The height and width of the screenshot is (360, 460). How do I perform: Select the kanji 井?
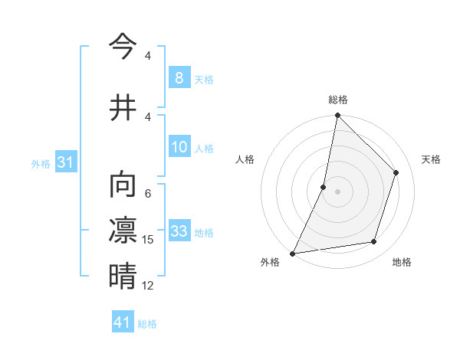point(122,108)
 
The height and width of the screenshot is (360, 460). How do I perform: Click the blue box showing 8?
point(179,77)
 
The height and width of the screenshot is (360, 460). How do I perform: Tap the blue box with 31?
point(65,162)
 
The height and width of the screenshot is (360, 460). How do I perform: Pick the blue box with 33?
point(179,231)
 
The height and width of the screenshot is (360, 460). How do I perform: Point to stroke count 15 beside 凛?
point(148,240)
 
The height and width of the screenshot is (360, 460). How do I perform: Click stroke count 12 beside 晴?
point(148,286)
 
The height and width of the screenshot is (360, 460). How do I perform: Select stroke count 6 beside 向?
point(148,194)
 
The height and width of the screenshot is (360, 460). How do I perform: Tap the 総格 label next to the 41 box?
point(147,324)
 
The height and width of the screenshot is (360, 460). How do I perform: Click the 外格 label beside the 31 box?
point(41,163)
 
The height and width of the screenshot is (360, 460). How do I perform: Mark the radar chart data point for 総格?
point(337,115)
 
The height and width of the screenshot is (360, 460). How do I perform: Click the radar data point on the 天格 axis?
point(396,172)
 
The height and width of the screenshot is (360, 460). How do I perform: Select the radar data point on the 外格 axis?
point(292,253)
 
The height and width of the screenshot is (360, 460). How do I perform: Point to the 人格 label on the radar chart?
point(245,159)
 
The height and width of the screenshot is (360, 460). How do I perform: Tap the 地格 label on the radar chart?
point(402,262)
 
